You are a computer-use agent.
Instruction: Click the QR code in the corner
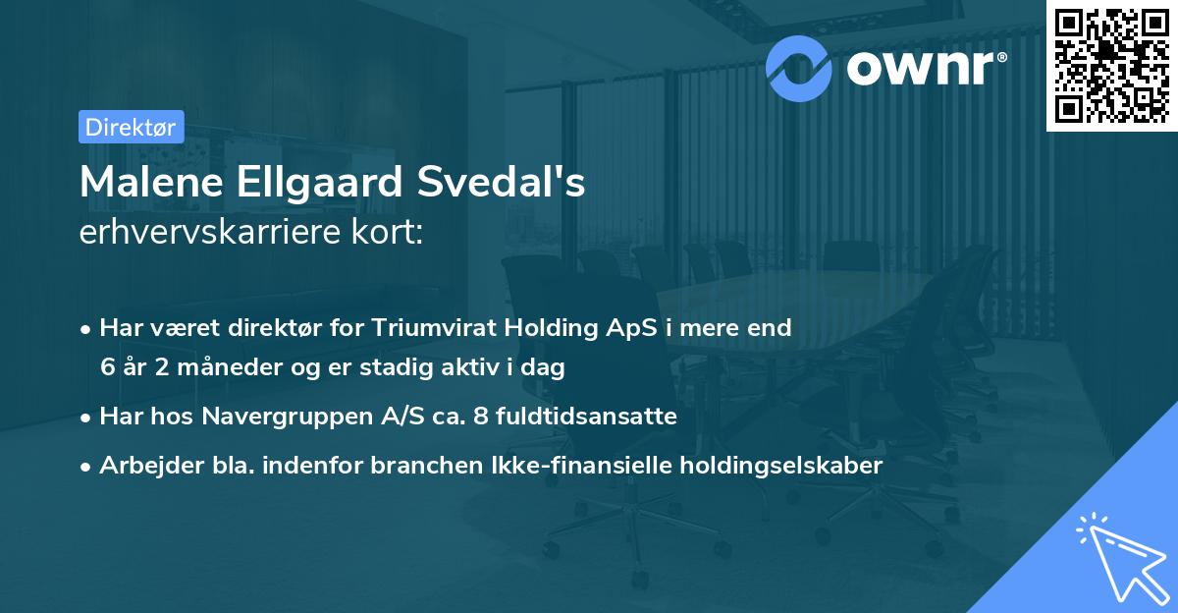click(x=1111, y=65)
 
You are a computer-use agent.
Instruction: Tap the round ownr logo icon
click(x=799, y=68)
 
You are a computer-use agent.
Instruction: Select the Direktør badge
click(x=131, y=127)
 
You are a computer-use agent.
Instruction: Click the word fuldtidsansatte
click(x=583, y=417)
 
